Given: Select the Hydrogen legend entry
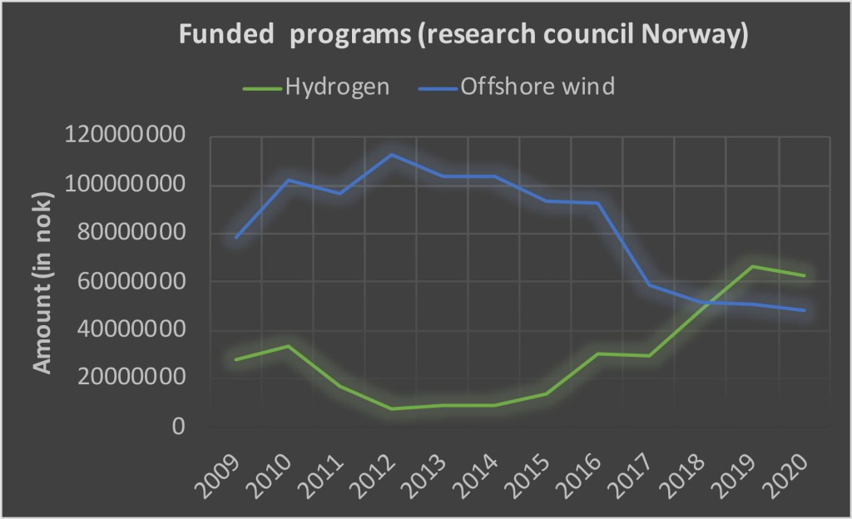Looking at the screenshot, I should click(337, 86).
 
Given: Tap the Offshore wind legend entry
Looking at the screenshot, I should click(536, 86).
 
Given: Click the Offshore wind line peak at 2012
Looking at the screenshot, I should click(391, 154).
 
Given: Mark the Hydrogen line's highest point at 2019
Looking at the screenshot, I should click(753, 266).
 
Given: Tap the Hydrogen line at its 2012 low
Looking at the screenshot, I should click(391, 408).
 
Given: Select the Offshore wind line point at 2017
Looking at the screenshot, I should click(650, 285).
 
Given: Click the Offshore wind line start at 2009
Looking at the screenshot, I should click(237, 238).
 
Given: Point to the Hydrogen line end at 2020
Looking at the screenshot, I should click(805, 275).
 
